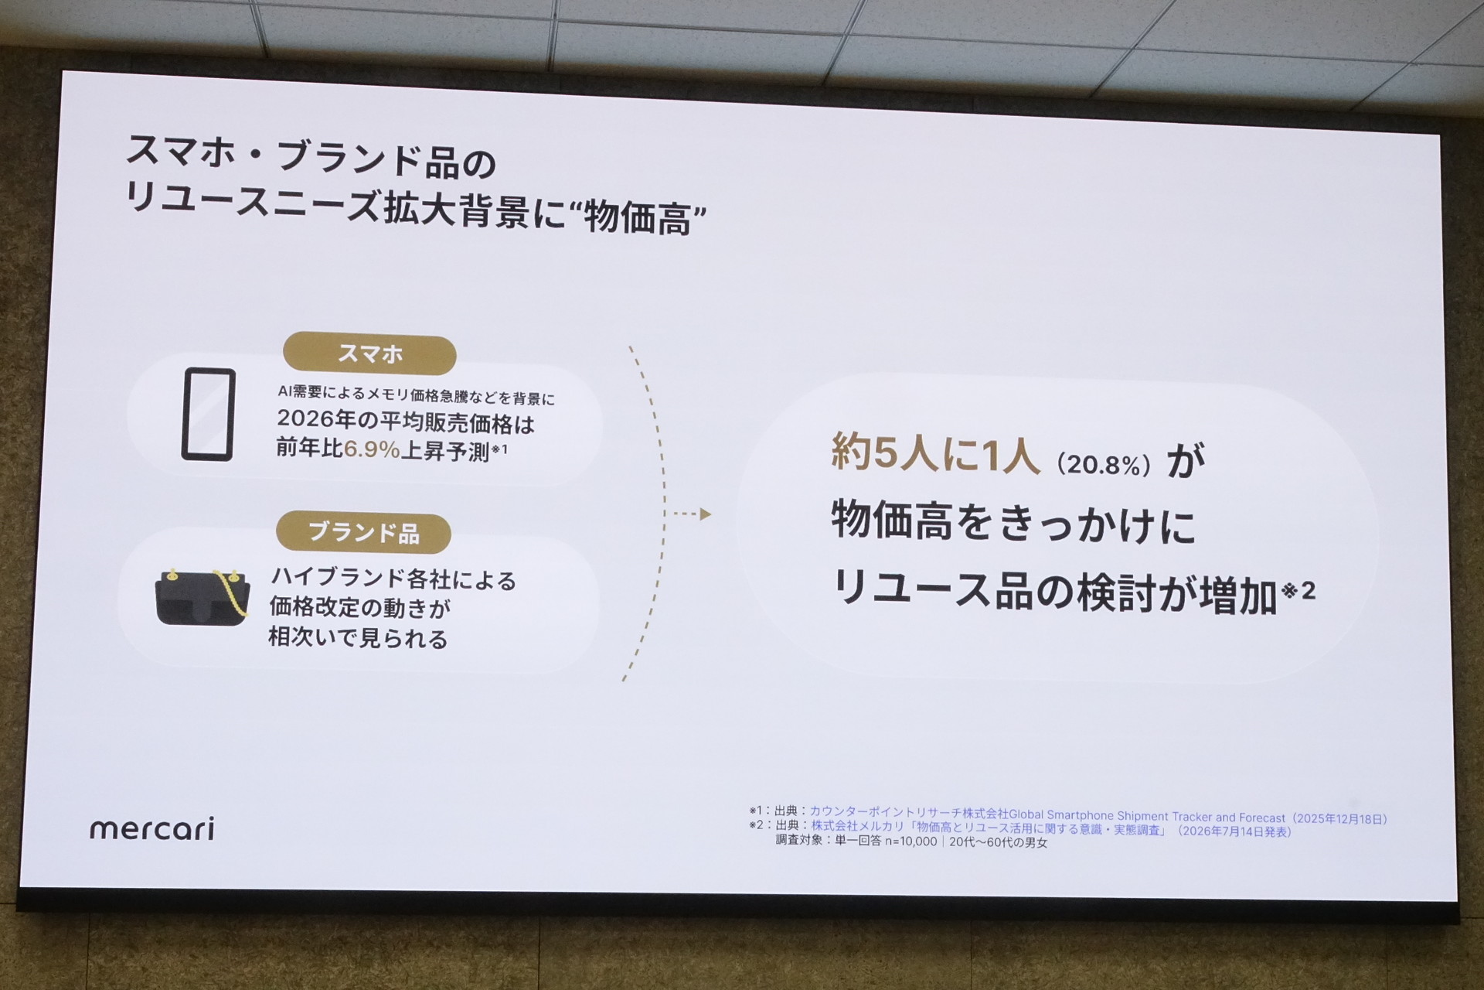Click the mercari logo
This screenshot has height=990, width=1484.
click(x=152, y=828)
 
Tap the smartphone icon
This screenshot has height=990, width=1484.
click(x=209, y=414)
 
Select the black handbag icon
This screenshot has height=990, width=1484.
click(x=203, y=597)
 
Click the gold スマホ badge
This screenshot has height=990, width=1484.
click(x=369, y=354)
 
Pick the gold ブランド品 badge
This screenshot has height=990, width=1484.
click(x=363, y=532)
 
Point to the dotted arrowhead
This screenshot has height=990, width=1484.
click(x=705, y=514)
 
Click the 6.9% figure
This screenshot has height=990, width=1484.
click(x=372, y=449)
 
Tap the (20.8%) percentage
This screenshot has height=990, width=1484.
click(x=1104, y=465)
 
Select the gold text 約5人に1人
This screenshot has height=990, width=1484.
click(x=936, y=452)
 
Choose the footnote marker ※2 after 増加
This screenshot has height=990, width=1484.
click(x=1298, y=591)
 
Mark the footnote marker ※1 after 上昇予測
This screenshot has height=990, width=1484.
click(x=499, y=449)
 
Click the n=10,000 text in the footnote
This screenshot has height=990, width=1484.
click(x=910, y=841)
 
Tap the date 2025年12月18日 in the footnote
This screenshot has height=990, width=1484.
click(x=1340, y=818)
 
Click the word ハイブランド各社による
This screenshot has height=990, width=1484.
click(x=393, y=579)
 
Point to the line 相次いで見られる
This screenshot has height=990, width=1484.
click(x=358, y=639)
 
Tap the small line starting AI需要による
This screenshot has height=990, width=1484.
click(x=417, y=395)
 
